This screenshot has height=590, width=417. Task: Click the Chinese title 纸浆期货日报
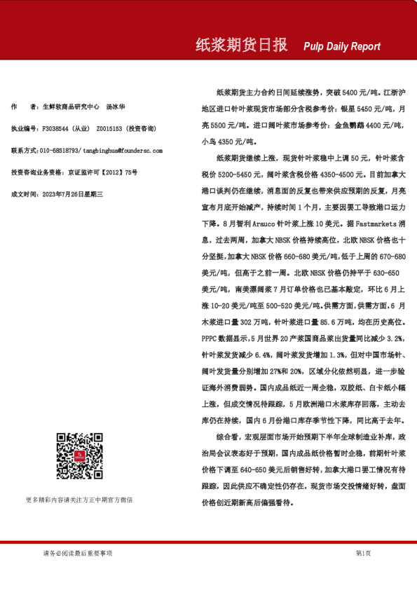tap(241, 46)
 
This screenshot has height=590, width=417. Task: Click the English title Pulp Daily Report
tap(342, 47)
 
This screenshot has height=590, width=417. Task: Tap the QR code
tap(79, 456)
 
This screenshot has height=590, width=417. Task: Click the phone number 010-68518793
tap(60, 151)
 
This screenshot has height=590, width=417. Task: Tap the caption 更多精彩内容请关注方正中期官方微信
tap(78, 500)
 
